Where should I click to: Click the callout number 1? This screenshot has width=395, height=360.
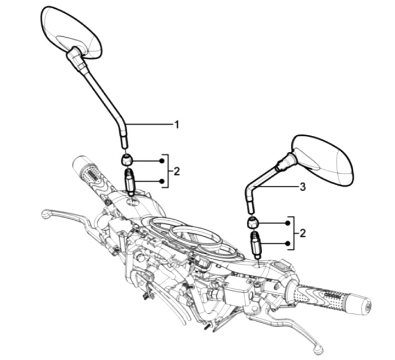(x=177, y=124)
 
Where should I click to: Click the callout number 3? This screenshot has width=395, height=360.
(x=302, y=187)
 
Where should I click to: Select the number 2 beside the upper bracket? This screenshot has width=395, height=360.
(x=177, y=171)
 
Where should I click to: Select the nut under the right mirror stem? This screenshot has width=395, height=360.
(x=252, y=222)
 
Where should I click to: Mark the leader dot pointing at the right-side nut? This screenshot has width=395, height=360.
(x=287, y=223)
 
